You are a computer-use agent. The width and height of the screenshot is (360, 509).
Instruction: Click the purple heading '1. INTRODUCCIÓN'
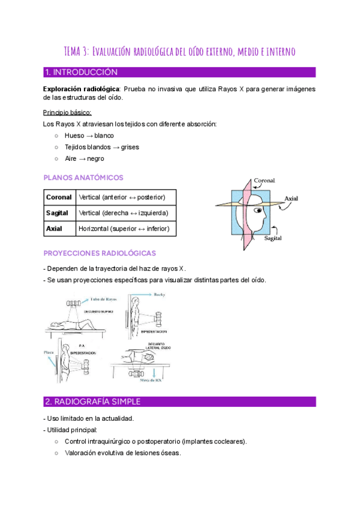pyautogui.click(x=81, y=73)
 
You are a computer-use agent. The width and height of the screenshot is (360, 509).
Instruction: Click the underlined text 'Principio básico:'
pyautogui.click(x=67, y=112)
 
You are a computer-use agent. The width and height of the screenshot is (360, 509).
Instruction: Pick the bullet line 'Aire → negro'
pyautogui.click(x=84, y=158)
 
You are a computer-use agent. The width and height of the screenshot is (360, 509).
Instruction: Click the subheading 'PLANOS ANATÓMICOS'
pyautogui.click(x=83, y=178)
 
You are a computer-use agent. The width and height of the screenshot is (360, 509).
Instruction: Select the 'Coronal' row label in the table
pyautogui.click(x=59, y=197)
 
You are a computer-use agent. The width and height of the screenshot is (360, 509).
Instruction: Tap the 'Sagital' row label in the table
pyautogui.click(x=59, y=212)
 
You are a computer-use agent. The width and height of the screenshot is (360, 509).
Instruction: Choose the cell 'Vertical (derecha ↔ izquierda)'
pyautogui.click(x=127, y=212)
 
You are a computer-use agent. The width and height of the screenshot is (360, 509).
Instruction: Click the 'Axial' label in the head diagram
pyautogui.click(x=292, y=198)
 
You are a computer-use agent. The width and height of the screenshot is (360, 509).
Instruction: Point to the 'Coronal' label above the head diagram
pyautogui.click(x=264, y=180)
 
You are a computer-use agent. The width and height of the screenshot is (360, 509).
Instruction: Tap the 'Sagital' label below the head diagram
pyautogui.click(x=273, y=238)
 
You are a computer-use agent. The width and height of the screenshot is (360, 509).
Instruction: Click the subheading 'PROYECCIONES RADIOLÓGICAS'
pyautogui.click(x=100, y=253)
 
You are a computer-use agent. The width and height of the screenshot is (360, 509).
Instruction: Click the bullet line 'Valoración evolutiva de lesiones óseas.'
pyautogui.click(x=122, y=453)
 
